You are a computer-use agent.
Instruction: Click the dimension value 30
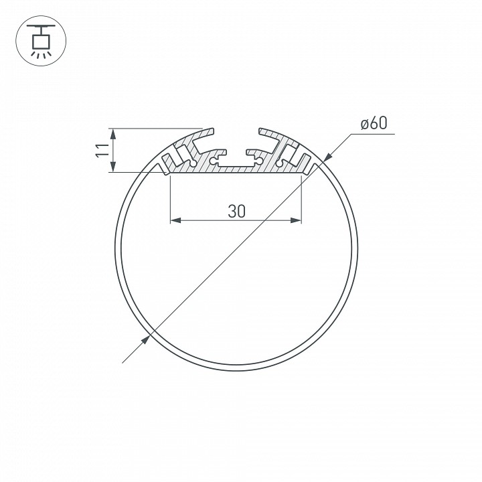[x=236, y=211]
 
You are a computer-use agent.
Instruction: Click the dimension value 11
[x=101, y=150]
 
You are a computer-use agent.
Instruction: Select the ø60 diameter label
[x=374, y=124]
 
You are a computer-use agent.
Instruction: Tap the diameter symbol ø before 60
[x=364, y=124]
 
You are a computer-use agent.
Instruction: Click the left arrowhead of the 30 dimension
[x=176, y=220]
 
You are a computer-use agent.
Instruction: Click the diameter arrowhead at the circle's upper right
[x=327, y=157]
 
